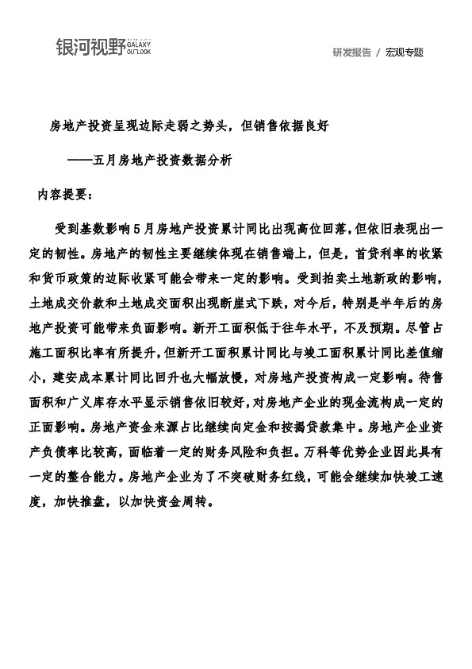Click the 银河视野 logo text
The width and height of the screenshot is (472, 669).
(x=90, y=48)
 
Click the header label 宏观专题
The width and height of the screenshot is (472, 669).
(x=405, y=52)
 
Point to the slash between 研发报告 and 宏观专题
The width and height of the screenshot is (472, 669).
(x=378, y=52)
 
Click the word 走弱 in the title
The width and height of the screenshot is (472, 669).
(x=194, y=126)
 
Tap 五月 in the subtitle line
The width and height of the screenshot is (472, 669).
(x=106, y=160)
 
